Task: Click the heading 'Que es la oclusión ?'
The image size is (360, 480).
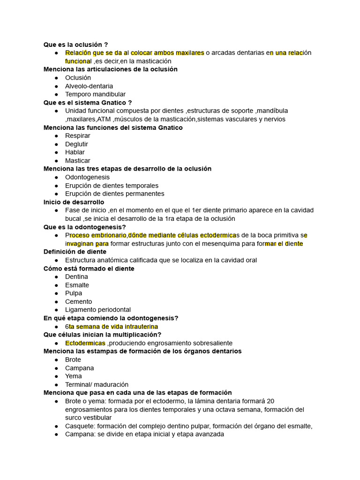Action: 76,45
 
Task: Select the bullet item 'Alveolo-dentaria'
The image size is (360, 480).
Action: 89,86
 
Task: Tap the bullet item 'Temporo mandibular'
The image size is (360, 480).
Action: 95,94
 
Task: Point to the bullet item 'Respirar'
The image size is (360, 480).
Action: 78,136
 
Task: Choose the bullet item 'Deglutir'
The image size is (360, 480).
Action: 76,144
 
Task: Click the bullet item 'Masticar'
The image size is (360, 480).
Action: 78,161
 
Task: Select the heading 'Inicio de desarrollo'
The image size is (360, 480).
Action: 74,202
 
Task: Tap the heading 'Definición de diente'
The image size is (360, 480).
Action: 75,252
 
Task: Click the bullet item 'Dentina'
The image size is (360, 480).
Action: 76,277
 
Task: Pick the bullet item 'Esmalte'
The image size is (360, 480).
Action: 77,285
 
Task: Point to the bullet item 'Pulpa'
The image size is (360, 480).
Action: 74,293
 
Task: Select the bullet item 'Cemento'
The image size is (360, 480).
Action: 79,301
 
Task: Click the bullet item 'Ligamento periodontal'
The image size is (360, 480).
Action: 98,310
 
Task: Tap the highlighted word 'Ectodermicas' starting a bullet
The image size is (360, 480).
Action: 85,343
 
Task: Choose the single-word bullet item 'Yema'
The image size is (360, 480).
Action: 74,376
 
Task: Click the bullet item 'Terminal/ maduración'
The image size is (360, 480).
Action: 97,384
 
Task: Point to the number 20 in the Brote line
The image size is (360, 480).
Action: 270,401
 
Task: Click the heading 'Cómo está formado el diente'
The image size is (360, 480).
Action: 89,269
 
